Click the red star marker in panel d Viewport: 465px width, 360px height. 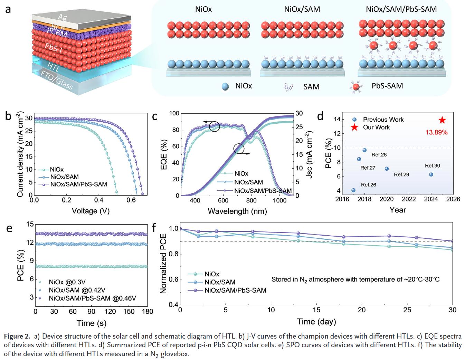(x=442, y=120)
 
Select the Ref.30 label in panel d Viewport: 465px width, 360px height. (x=432, y=166)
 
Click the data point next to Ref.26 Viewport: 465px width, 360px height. (x=353, y=190)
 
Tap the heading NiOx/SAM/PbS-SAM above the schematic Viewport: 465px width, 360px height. (x=401, y=9)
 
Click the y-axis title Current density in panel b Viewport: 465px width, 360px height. (x=20, y=154)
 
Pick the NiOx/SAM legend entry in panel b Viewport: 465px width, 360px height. (x=64, y=177)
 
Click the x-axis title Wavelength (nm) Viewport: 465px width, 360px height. (x=237, y=211)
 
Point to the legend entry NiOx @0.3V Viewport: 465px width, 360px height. (x=67, y=282)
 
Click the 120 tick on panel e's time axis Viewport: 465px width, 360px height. (x=110, y=312)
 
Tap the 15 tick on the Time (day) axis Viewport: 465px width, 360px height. (x=316, y=310)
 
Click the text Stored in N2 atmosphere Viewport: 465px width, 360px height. (x=355, y=279)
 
